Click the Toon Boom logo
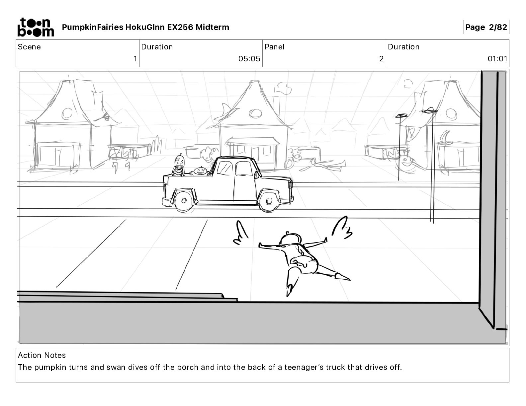click(36, 27)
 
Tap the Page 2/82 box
click(486, 27)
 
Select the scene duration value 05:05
click(249, 59)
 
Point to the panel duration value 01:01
click(497, 59)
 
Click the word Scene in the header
click(29, 47)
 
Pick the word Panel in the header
click(274, 47)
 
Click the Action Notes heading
click(42, 355)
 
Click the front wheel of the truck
click(268, 201)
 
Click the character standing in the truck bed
click(179, 165)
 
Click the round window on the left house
click(67, 113)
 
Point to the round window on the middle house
click(255, 113)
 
